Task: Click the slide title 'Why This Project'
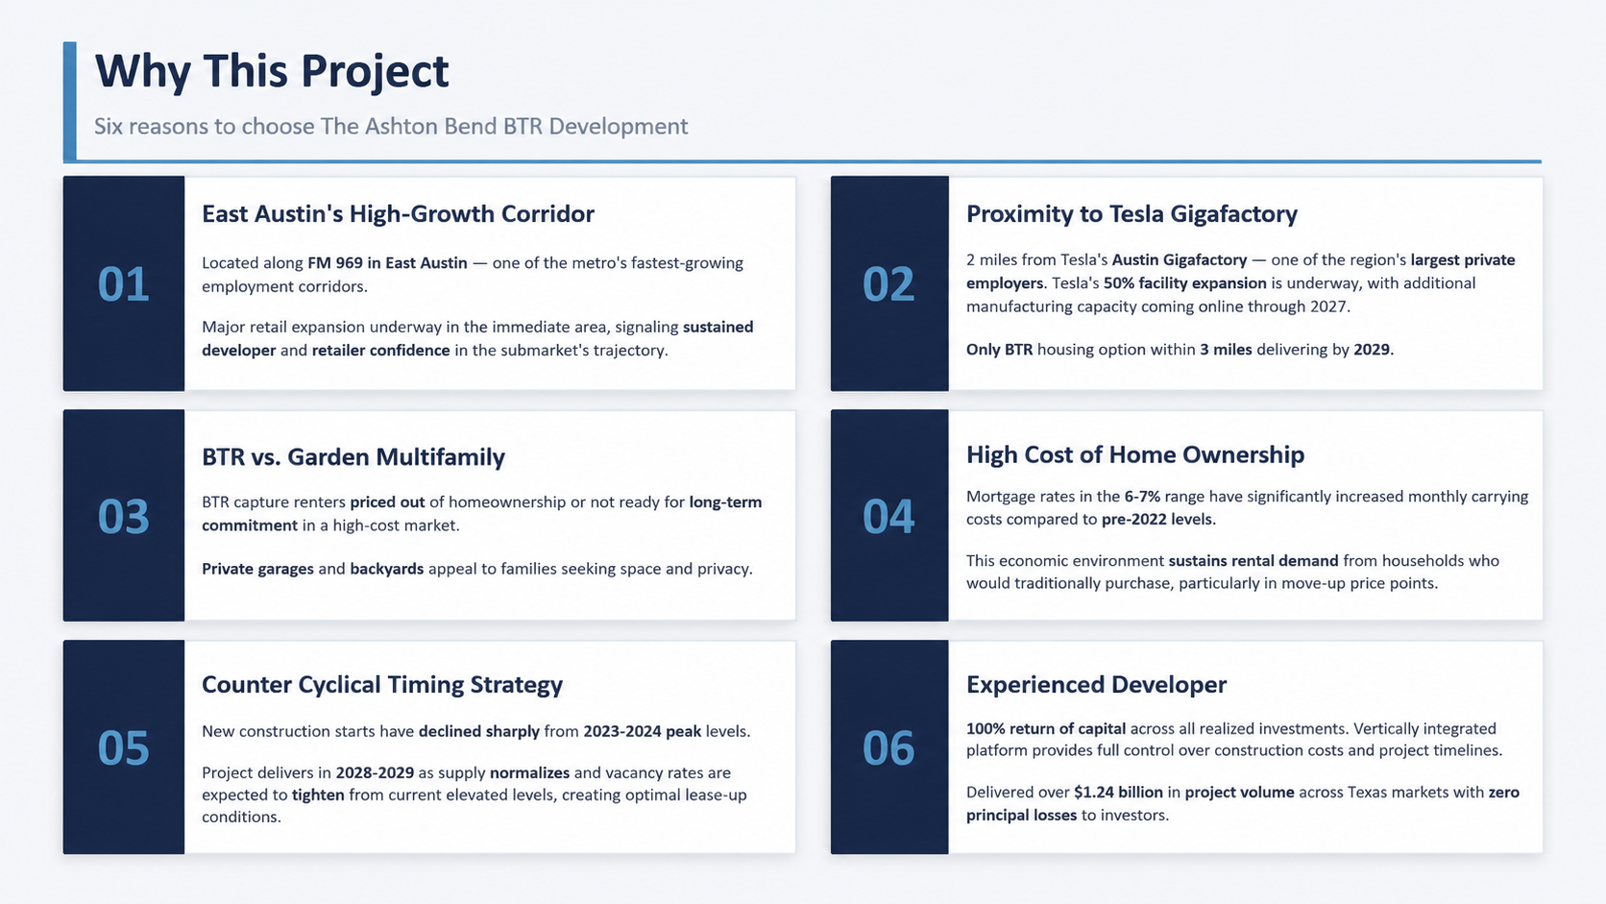click(x=272, y=72)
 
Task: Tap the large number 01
click(x=123, y=284)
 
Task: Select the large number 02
click(x=888, y=284)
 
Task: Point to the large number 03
click(x=123, y=516)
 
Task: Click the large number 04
click(x=888, y=516)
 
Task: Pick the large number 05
click(x=123, y=747)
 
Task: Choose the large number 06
click(x=888, y=747)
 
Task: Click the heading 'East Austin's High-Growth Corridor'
click(x=398, y=213)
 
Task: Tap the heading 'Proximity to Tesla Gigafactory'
click(x=1132, y=213)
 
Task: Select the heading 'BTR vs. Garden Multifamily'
click(x=353, y=456)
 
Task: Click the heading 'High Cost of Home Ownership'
click(x=1135, y=454)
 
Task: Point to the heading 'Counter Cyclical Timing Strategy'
click(x=382, y=685)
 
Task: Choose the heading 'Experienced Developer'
click(x=1096, y=685)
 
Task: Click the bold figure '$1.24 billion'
click(x=1118, y=793)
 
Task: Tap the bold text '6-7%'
click(x=1142, y=496)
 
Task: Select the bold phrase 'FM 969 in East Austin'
click(x=387, y=262)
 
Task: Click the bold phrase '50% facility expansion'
click(x=1185, y=283)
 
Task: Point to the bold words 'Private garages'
click(x=257, y=569)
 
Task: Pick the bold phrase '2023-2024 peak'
click(x=643, y=731)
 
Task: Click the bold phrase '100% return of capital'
click(x=1046, y=728)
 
